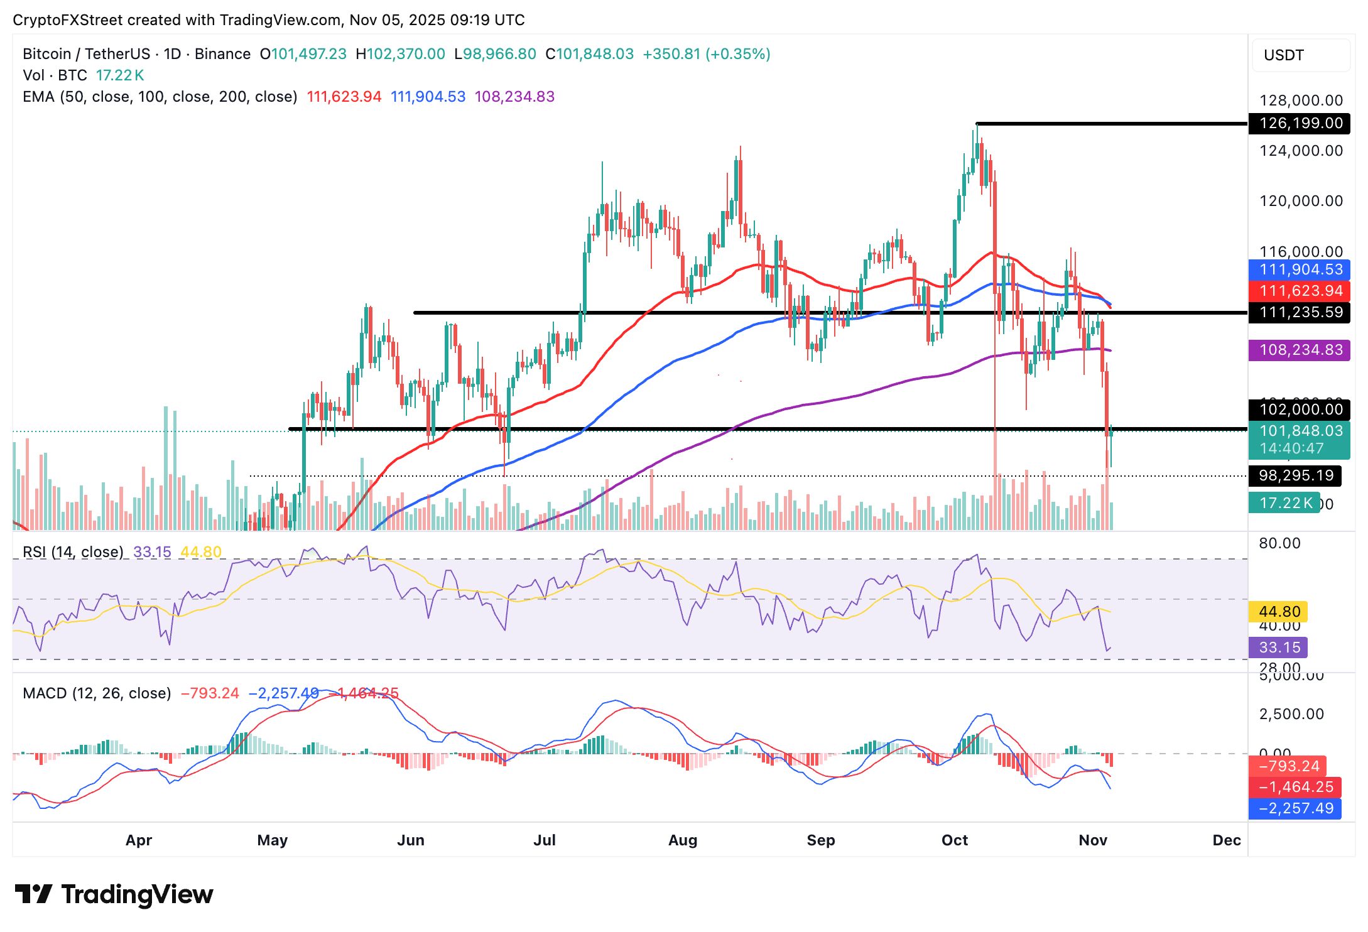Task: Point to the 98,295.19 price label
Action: pyautogui.click(x=1295, y=475)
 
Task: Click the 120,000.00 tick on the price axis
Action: pyautogui.click(x=1300, y=201)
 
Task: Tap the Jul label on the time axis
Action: pyautogui.click(x=544, y=840)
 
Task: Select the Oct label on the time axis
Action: pyautogui.click(x=954, y=840)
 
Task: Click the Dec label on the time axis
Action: pyautogui.click(x=1226, y=840)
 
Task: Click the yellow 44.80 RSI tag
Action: pyautogui.click(x=1279, y=612)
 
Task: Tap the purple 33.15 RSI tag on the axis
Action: pyautogui.click(x=1279, y=647)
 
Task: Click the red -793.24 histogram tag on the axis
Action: pyautogui.click(x=1289, y=766)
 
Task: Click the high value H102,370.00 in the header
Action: pyautogui.click(x=400, y=54)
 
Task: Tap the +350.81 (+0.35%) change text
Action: pyautogui.click(x=706, y=54)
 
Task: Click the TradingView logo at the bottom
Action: pyautogui.click(x=114, y=894)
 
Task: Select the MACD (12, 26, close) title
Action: pyautogui.click(x=97, y=693)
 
